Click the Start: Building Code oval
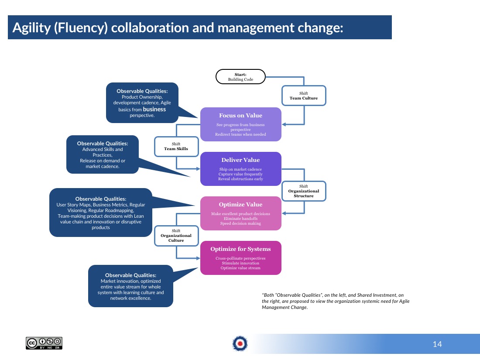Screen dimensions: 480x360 [240, 76]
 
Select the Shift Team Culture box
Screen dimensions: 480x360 [304, 96]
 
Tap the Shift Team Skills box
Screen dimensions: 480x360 [176, 146]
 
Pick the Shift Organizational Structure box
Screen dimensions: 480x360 [304, 191]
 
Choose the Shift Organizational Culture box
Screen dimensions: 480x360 [176, 235]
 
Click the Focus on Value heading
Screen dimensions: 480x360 [240, 115]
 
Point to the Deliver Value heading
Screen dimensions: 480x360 [240, 160]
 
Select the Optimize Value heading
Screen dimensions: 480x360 [240, 205]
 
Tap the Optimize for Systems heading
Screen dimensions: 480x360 [240, 249]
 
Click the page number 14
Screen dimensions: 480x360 [437, 344]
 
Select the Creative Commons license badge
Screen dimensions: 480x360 [44, 343]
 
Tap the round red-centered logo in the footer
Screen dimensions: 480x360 [240, 343]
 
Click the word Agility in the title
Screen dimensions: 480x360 [31, 28]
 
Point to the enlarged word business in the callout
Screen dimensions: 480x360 [154, 109]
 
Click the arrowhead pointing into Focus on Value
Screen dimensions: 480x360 [284, 124]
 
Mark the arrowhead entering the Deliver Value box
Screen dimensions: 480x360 [198, 169]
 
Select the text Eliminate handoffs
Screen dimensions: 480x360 [240, 219]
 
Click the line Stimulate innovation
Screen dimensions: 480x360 [240, 263]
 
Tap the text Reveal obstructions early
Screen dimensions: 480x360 [240, 179]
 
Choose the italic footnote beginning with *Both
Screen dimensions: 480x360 [336, 301]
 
